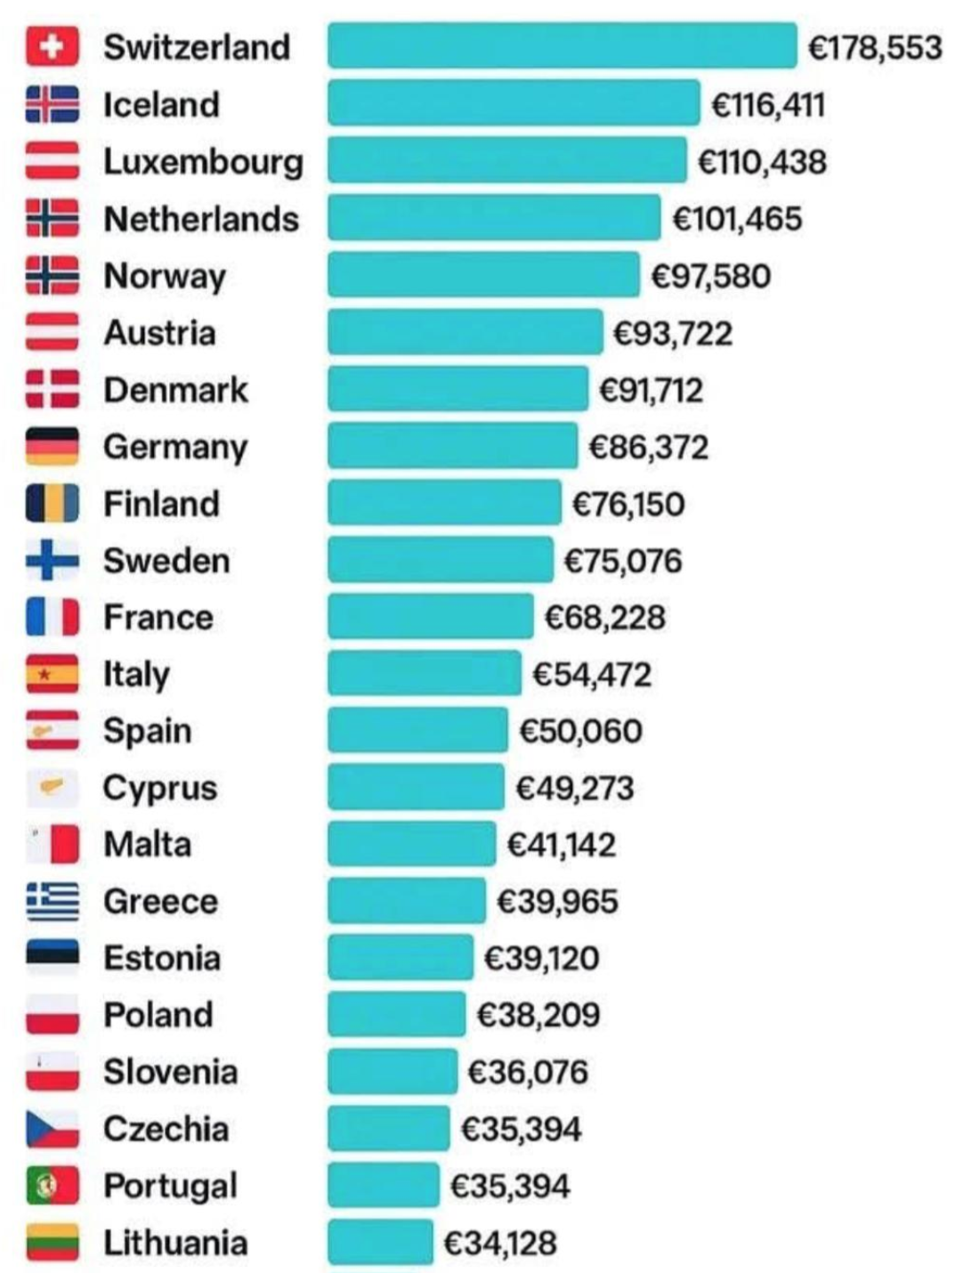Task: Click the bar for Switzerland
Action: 562,46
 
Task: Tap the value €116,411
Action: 768,105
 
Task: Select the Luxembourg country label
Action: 203,162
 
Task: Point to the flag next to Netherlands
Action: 53,219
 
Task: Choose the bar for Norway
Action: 483,275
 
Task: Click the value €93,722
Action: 673,333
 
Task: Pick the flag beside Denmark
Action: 53,389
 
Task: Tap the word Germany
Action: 175,447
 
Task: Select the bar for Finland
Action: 444,503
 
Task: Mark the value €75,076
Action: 623,561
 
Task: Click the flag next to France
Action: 53,617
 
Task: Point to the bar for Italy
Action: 424,674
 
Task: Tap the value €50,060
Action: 580,731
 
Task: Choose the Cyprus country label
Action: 160,788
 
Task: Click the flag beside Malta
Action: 53,844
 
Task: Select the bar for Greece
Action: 407,901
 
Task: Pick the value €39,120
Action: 541,958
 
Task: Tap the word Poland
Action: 158,1015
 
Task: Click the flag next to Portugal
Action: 53,1186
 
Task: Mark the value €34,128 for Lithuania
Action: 500,1243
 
